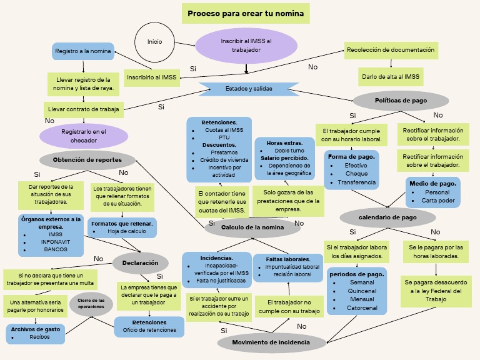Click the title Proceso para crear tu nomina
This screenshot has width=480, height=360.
pos(246,13)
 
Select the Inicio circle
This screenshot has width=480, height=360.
pos(154,42)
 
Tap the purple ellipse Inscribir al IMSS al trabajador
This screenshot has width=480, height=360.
pos(246,46)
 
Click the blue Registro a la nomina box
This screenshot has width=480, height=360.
pos(83,51)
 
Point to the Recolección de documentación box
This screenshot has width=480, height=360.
pos(391,50)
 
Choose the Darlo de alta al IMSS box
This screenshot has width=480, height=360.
pos(391,77)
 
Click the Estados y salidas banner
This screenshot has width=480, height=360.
pos(249,89)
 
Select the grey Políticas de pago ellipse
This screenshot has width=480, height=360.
pos(401,100)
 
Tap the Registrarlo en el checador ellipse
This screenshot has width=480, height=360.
pos(84,136)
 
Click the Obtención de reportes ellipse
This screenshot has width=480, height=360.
pos(87,160)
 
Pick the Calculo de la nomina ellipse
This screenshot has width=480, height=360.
pos(252,227)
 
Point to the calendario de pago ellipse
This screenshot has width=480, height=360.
pos(387,217)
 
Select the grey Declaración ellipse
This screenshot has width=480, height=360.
pos(140,263)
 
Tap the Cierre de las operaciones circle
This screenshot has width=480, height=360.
pos(91,304)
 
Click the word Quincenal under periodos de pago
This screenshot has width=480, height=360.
pos(362,291)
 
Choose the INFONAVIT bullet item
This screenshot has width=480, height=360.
pos(55,242)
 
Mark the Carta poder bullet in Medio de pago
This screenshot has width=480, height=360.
pos(437,201)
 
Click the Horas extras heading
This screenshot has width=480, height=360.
pos(284,143)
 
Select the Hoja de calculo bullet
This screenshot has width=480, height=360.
pos(126,231)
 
